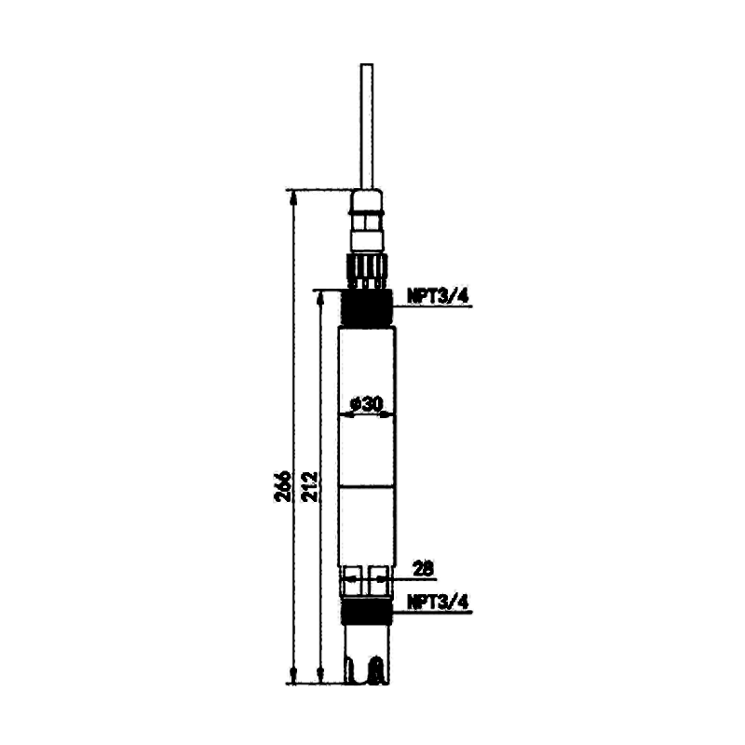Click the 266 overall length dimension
pos(284,486)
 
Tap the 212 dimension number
pos(309,486)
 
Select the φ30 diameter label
pos(366,404)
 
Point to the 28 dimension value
pos(424,568)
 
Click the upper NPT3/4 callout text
pos(438,296)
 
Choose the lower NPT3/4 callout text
pos(438,602)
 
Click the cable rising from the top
pos(367,127)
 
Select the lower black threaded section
pos(367,612)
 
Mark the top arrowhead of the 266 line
pos(293,197)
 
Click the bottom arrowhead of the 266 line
pos(293,676)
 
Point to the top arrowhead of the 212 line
pos(320,298)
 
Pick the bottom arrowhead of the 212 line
pos(320,676)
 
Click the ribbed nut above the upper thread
pos(367,269)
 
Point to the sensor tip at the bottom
pos(367,655)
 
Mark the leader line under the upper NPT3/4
pos(432,306)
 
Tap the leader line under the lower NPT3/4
pos(432,612)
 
